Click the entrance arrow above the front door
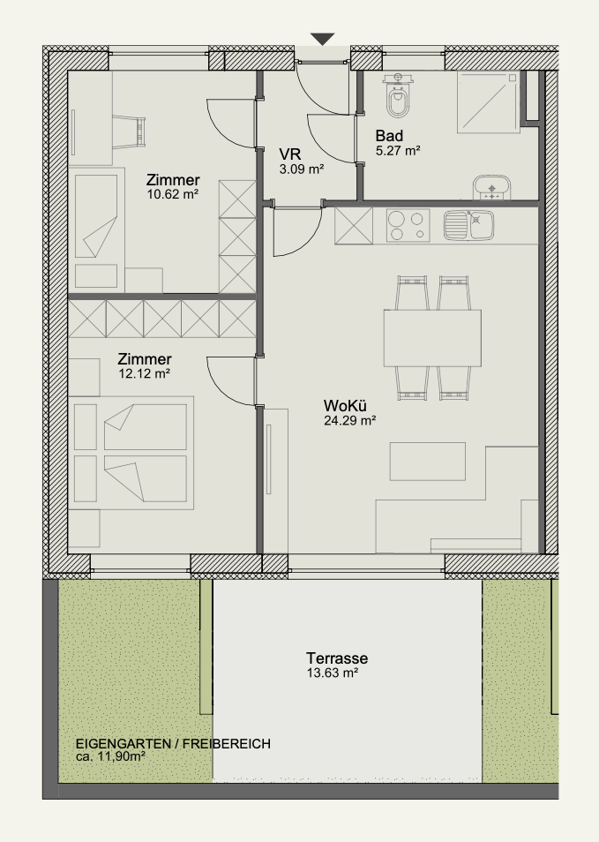click(x=323, y=39)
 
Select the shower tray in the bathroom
click(x=489, y=101)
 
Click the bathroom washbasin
click(x=491, y=187)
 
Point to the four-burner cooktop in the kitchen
click(x=408, y=225)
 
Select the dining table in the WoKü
click(x=432, y=338)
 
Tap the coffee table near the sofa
click(x=427, y=462)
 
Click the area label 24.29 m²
click(x=349, y=420)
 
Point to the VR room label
click(x=290, y=154)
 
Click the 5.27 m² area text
click(x=398, y=151)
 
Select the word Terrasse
click(x=337, y=658)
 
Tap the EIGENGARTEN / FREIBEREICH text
click(x=173, y=744)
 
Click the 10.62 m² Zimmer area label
click(x=173, y=194)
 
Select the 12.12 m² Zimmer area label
click(x=145, y=373)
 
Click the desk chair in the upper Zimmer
click(x=130, y=132)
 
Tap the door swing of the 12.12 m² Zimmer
click(x=231, y=380)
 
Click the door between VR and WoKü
click(x=297, y=231)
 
